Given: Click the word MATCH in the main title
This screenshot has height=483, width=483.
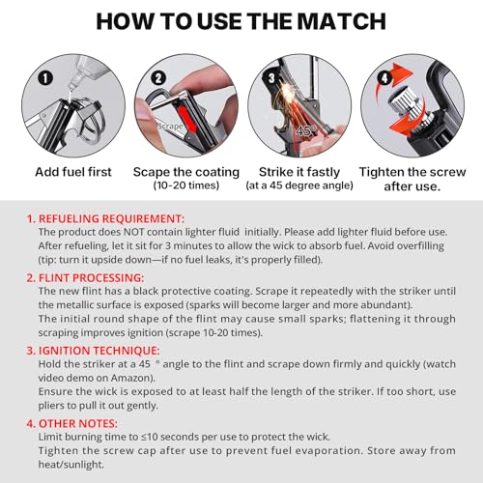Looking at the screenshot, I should pyautogui.click(x=323, y=22).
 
